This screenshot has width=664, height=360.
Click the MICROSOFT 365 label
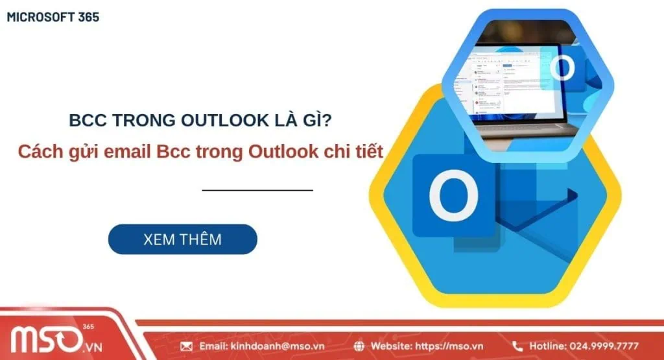pos(53,17)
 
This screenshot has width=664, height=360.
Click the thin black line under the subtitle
pos(257,191)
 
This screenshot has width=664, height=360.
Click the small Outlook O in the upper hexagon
pos(562,67)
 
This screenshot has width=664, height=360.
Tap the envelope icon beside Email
pos(187,346)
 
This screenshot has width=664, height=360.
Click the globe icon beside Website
pos(360,346)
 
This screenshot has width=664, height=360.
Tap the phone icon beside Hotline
pos(517,346)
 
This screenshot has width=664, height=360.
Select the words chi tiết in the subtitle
pos(358,152)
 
